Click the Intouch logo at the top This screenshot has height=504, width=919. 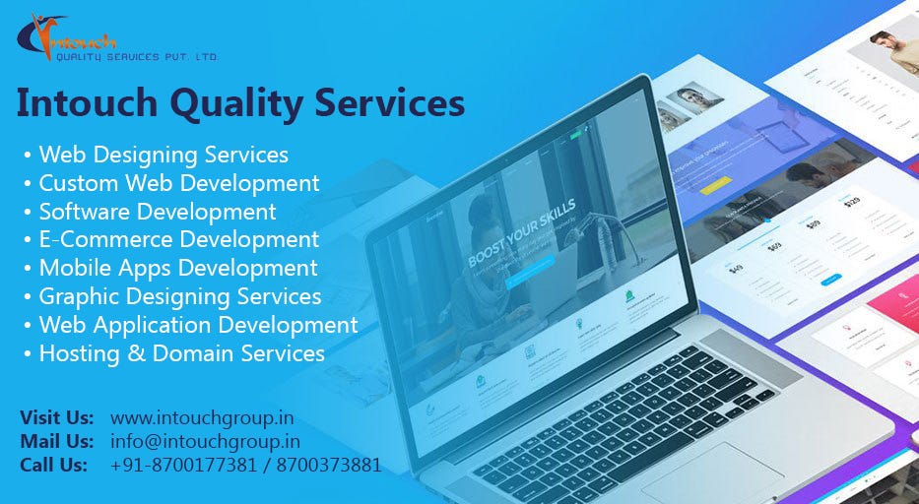click(69, 39)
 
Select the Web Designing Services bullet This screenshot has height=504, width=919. click(164, 155)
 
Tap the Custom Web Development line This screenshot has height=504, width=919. click(178, 183)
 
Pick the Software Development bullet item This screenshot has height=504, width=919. click(157, 212)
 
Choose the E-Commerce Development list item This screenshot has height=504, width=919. click(178, 239)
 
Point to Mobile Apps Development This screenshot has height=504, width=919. click(177, 268)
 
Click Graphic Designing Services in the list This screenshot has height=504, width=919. click(179, 295)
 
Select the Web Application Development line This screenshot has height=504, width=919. click(198, 324)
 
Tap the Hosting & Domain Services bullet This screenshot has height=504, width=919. click(181, 352)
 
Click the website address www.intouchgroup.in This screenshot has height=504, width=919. click(202, 417)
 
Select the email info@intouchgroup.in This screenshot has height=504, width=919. click(205, 441)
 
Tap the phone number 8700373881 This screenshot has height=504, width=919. click(337, 465)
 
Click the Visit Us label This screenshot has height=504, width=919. click(57, 417)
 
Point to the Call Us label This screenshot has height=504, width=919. click(54, 465)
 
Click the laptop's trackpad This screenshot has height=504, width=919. click(713, 472)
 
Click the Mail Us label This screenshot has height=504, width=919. click(57, 441)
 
